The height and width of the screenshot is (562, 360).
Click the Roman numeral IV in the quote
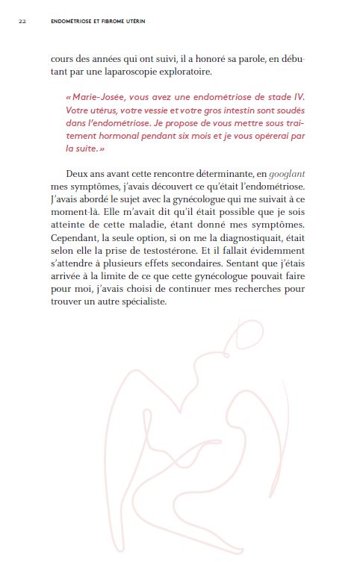tap(300, 98)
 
